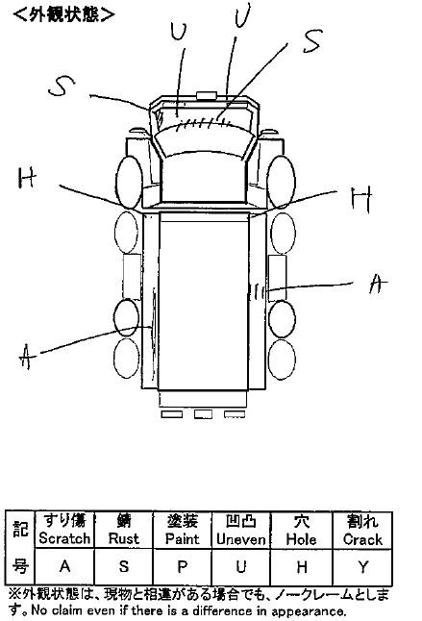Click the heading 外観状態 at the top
[x=63, y=14]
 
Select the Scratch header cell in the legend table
[x=64, y=530]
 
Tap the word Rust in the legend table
[x=123, y=538]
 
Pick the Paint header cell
[x=182, y=530]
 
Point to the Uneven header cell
[x=241, y=530]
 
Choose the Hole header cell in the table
[x=301, y=530]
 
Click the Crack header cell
[x=362, y=530]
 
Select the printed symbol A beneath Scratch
[x=65, y=566]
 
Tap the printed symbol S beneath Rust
[x=123, y=566]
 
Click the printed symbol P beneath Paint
[x=182, y=567]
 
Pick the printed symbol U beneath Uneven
[x=241, y=567]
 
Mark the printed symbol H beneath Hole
[x=302, y=567]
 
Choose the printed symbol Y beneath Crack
[x=362, y=567]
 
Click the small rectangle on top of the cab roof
[x=207, y=95]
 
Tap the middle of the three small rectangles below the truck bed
[x=203, y=414]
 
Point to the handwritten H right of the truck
[x=361, y=199]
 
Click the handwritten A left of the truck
[x=27, y=357]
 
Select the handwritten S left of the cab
[x=62, y=87]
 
